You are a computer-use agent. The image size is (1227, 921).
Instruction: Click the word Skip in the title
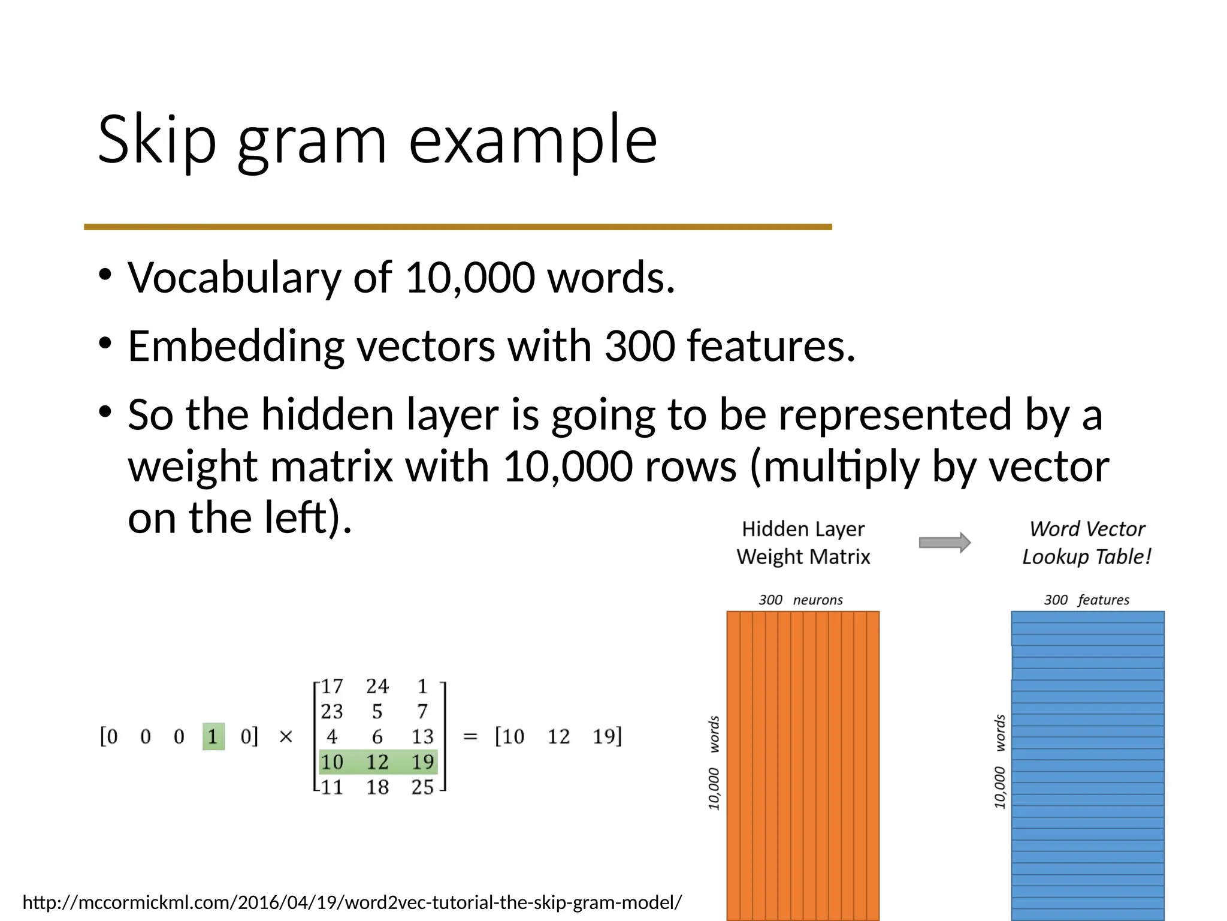click(x=156, y=140)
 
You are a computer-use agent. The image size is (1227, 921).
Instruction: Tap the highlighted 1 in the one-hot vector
click(x=213, y=736)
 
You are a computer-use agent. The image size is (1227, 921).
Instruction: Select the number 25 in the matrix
click(x=422, y=787)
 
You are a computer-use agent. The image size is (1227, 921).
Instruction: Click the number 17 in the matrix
click(x=331, y=686)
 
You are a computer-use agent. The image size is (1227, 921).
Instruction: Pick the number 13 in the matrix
click(x=422, y=736)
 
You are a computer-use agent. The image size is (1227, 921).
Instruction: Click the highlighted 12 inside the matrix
click(x=377, y=762)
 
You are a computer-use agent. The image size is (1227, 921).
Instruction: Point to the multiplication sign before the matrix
click(x=286, y=736)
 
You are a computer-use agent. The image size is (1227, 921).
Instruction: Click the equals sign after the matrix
click(x=470, y=736)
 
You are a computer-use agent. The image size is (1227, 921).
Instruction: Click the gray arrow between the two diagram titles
click(x=944, y=543)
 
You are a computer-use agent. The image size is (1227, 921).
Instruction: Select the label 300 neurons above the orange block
click(x=800, y=600)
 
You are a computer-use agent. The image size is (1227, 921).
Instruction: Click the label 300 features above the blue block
click(x=1086, y=600)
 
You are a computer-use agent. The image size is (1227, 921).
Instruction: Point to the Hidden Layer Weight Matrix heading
click(x=803, y=543)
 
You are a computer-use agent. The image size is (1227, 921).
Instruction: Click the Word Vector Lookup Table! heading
click(x=1086, y=543)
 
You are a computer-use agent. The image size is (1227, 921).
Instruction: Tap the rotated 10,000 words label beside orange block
click(x=714, y=762)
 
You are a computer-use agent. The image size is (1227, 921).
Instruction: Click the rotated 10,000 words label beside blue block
click(x=999, y=761)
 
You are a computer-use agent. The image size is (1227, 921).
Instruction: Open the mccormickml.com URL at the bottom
click(x=352, y=902)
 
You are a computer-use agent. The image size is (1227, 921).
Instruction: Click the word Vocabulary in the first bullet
click(x=234, y=278)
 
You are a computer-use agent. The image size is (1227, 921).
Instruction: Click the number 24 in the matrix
click(x=377, y=686)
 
